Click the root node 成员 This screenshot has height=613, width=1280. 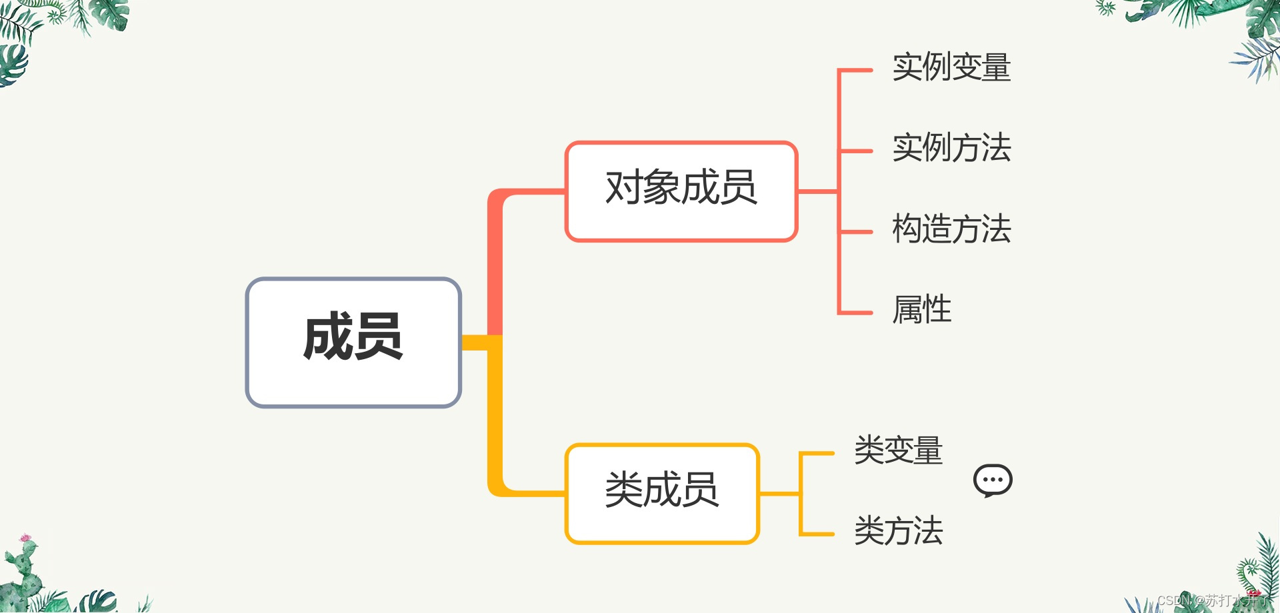click(353, 342)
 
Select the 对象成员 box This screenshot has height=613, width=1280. click(681, 191)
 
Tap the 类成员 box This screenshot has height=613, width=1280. click(661, 493)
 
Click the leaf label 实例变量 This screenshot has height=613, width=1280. click(951, 67)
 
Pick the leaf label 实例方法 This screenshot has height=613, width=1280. click(951, 148)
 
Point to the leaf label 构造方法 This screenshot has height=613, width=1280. click(951, 229)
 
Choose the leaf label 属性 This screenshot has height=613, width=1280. click(922, 310)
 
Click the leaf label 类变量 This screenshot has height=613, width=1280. click(898, 450)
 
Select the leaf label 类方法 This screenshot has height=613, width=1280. click(898, 531)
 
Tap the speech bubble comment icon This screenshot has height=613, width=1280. click(993, 480)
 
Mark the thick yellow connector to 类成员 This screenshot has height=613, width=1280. click(495, 426)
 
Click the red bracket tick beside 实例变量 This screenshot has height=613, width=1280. click(856, 70)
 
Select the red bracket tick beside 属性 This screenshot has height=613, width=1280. click(856, 312)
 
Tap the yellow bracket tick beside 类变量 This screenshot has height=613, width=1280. click(817, 454)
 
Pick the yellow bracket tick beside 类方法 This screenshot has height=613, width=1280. click(817, 534)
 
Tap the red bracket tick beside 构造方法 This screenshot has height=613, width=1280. click(856, 232)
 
